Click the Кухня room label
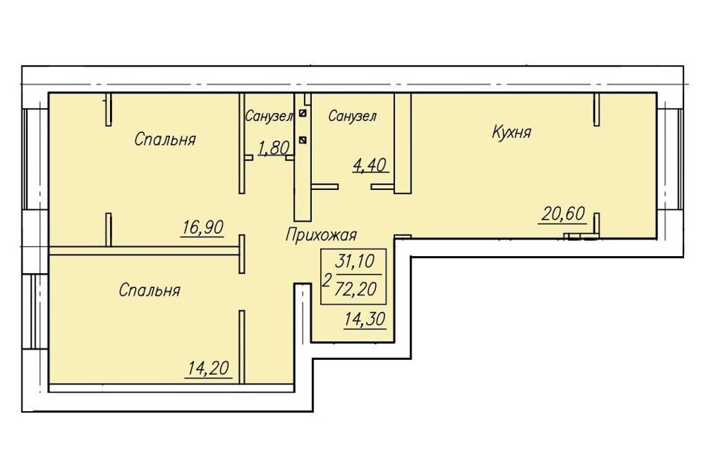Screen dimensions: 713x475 [512, 132]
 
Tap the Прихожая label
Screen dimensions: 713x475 [321, 235]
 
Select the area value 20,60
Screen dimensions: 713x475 [563, 214]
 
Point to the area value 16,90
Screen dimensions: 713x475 [202, 227]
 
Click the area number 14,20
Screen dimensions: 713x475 [209, 368]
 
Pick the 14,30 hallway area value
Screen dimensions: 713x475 [365, 320]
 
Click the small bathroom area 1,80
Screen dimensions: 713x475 [274, 148]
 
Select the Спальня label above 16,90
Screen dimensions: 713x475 [165, 139]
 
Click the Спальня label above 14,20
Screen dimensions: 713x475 [149, 290]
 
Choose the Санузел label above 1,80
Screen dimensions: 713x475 [268, 116]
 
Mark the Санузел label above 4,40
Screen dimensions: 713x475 [352, 116]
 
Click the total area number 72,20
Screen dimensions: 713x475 [355, 289]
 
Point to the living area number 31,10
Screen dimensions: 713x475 [354, 261]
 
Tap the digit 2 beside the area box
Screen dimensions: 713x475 [326, 280]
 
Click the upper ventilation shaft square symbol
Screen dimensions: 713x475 [303, 112]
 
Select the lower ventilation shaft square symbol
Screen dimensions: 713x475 [303, 140]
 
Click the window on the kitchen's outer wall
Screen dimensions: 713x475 [670, 160]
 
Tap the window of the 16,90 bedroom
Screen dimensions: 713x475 [36, 160]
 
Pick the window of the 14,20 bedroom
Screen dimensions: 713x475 [36, 312]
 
